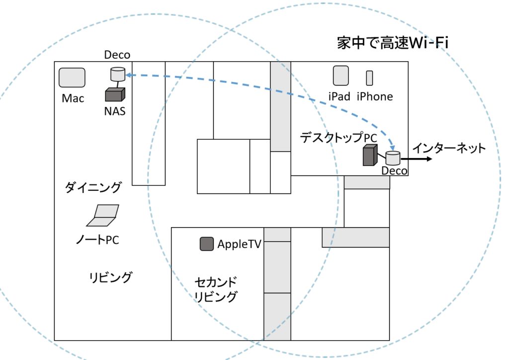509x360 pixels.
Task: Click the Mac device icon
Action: click(72, 78)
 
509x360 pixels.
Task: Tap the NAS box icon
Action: click(115, 94)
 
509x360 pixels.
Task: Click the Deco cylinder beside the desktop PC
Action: click(393, 159)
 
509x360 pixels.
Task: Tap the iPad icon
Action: click(340, 76)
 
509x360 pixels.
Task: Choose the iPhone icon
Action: click(369, 78)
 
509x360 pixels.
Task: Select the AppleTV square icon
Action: click(207, 244)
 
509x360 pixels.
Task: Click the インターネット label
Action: click(448, 148)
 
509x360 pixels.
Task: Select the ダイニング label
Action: click(93, 187)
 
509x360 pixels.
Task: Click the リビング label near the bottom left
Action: click(110, 277)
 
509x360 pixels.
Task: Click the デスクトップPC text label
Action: click(339, 138)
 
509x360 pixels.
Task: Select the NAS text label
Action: click(114, 111)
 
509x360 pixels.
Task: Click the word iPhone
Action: click(374, 96)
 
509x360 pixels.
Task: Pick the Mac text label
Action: click(73, 98)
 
